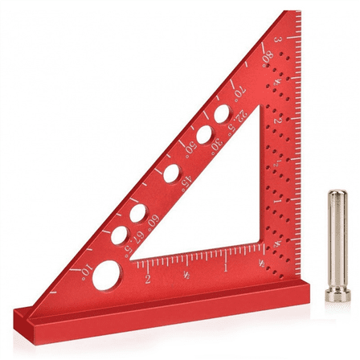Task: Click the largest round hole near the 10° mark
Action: [x=104, y=277]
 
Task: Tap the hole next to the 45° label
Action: [x=171, y=172]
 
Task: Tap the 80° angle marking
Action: [x=267, y=56]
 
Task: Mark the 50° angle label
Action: [x=190, y=148]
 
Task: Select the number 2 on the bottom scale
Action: [x=148, y=279]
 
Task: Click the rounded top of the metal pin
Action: [x=337, y=194]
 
